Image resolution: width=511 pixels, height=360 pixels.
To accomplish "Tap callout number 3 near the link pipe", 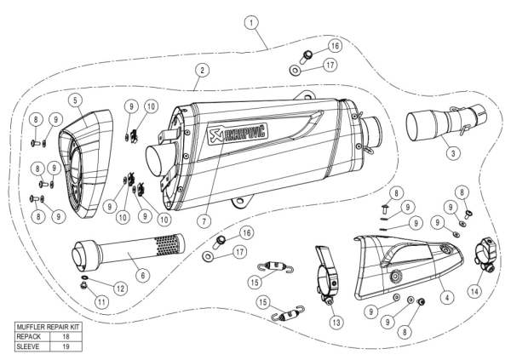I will point(454,152).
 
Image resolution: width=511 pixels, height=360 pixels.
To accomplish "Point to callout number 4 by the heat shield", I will point(445,298).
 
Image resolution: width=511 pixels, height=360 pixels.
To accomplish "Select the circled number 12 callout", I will point(120,289).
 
